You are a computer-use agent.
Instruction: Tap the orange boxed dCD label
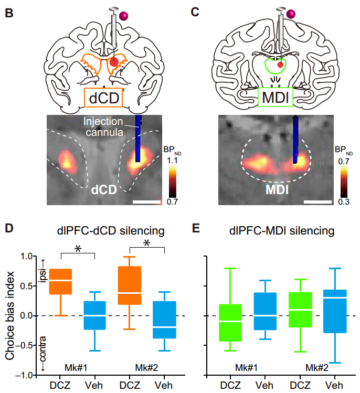pos(103,98)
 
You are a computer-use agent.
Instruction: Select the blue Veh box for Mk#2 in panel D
pos(165,320)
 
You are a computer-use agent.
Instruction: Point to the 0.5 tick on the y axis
pos(25,286)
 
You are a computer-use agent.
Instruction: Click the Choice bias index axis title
pos(10,315)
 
